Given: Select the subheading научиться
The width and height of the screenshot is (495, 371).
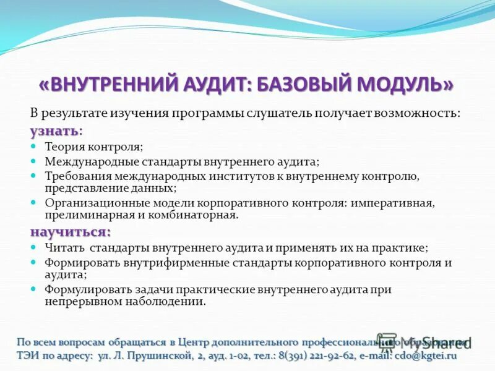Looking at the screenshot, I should (70, 232).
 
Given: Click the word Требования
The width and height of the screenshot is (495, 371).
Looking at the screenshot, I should (74, 176).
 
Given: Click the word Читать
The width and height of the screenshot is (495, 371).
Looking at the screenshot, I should (63, 247).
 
